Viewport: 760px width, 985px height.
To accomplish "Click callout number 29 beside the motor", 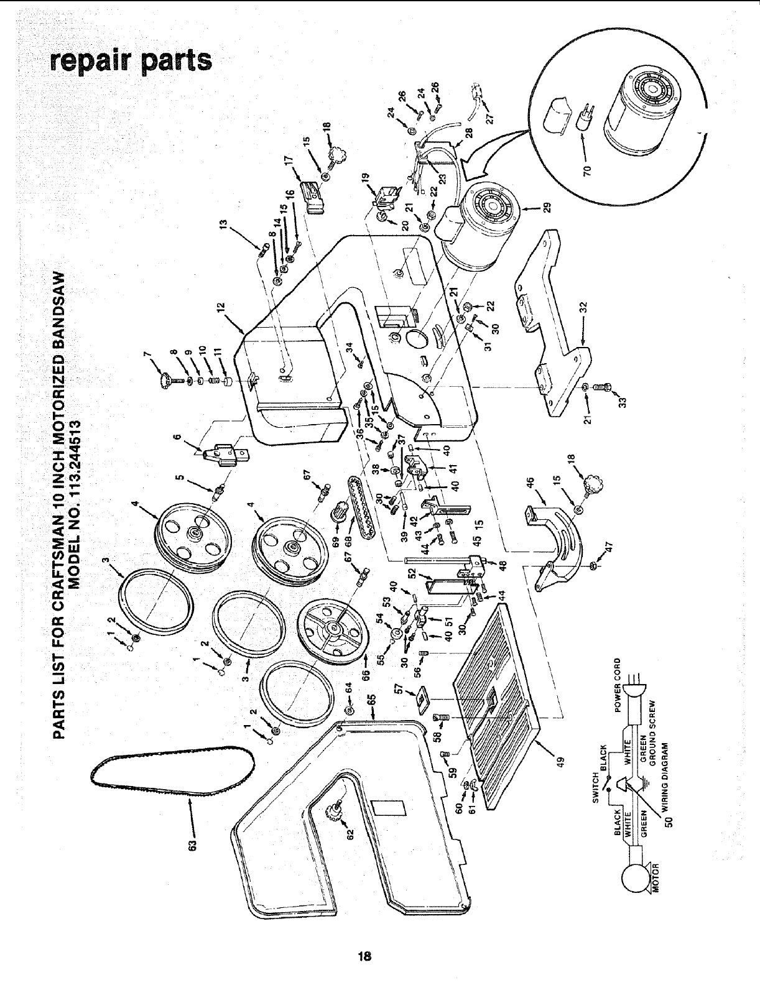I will point(547,206).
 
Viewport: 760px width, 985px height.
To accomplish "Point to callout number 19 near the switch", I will point(366,177).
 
